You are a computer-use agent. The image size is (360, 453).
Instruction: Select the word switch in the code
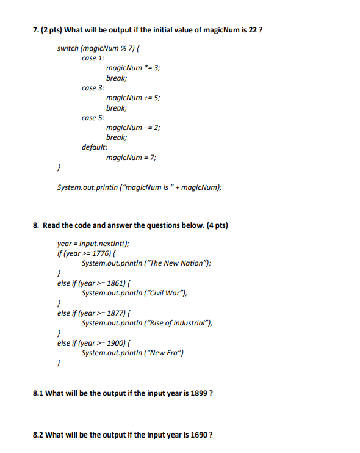(68, 48)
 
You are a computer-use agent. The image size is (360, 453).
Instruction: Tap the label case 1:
(93, 58)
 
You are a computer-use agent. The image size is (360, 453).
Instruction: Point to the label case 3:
(93, 88)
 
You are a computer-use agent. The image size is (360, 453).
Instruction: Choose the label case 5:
(93, 117)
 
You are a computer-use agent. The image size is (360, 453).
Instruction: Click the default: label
(95, 147)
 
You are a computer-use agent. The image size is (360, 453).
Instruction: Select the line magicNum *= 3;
(133, 68)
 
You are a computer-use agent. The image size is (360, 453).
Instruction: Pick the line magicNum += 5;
(133, 98)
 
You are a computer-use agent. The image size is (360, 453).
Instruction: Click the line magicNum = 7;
(131, 158)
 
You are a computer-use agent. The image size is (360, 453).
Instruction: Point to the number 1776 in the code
(103, 253)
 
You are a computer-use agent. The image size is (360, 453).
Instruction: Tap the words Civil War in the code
(167, 293)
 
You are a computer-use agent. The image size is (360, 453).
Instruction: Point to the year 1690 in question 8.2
(199, 435)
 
